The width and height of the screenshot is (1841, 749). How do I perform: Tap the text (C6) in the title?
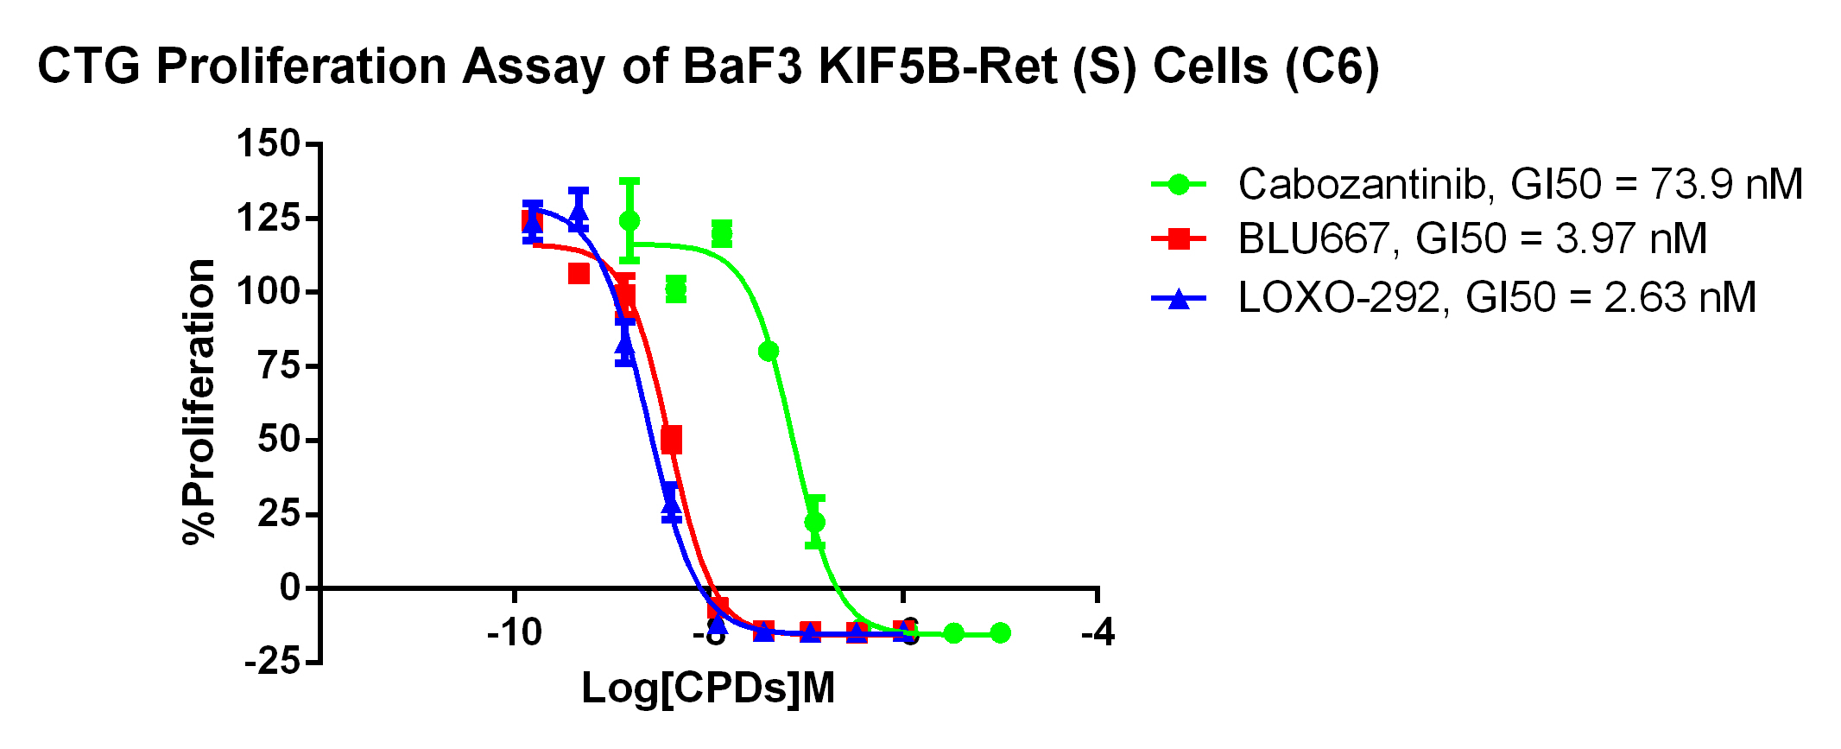click(x=1331, y=67)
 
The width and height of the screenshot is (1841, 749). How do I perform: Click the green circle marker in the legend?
click(x=1179, y=184)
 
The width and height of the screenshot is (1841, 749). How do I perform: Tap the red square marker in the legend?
click(x=1179, y=238)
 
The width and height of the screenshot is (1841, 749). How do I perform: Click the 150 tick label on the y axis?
click(x=268, y=143)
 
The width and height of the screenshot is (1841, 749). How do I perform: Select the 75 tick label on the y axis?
click(x=278, y=366)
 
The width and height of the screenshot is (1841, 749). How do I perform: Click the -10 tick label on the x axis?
click(x=515, y=633)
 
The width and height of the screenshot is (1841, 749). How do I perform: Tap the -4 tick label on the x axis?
click(x=1098, y=633)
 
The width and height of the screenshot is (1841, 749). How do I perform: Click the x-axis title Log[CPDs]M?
click(x=708, y=689)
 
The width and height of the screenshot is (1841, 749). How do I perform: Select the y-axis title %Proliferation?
click(x=199, y=402)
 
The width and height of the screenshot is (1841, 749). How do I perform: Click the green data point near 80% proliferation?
click(x=769, y=351)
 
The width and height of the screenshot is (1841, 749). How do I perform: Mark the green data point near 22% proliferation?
click(x=814, y=522)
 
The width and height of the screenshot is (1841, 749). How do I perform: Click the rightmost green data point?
click(x=1000, y=633)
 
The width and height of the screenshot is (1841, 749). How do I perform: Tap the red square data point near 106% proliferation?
click(x=579, y=274)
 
